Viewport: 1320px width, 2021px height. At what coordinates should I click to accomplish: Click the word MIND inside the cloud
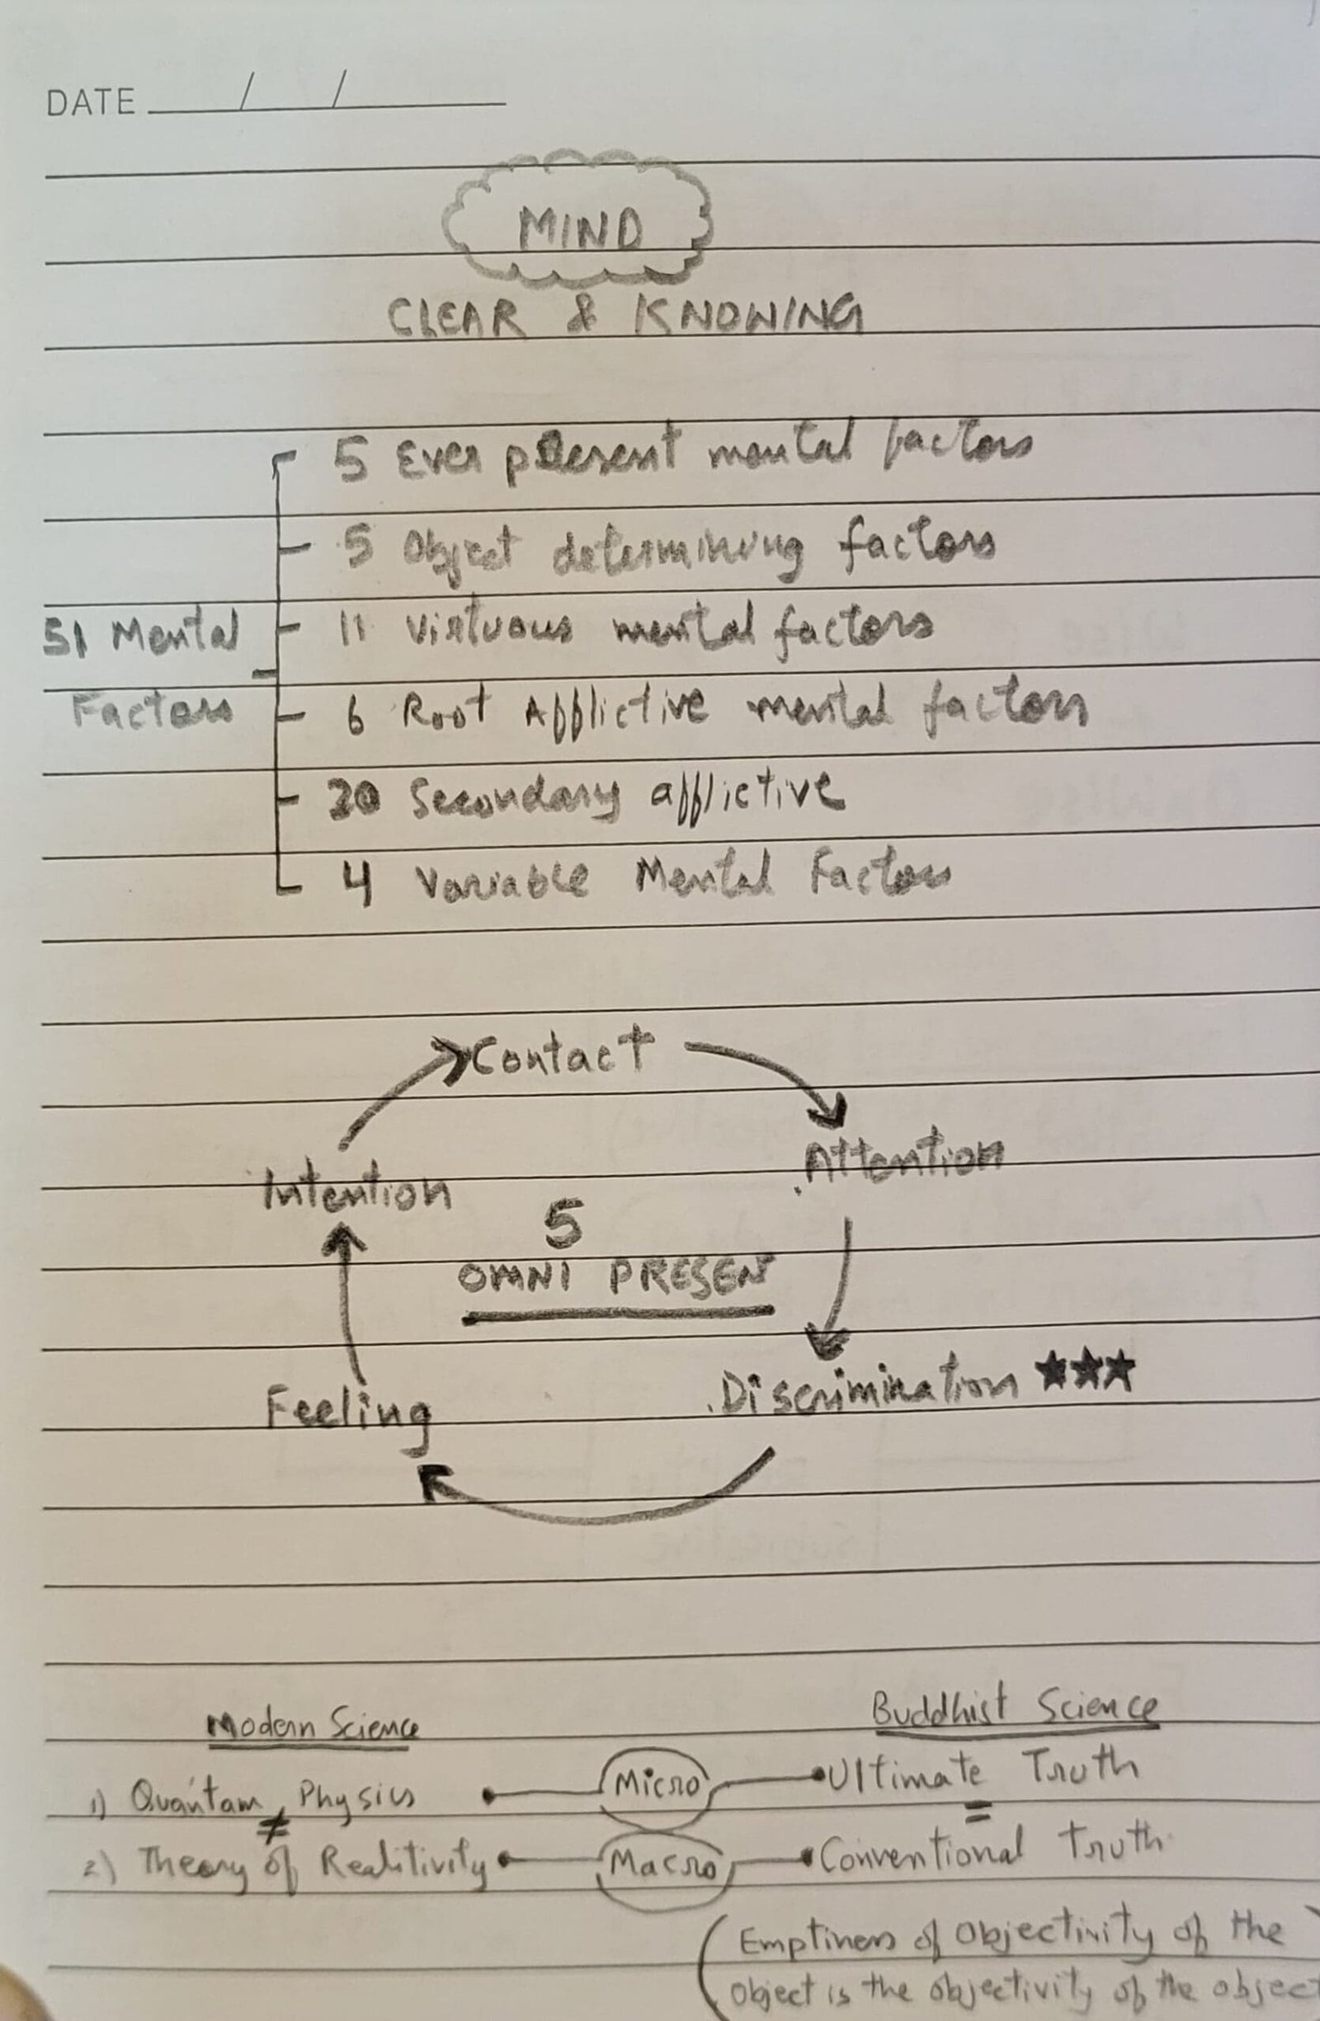pyautogui.click(x=579, y=228)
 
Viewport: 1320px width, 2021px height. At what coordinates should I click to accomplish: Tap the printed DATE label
pyautogui.click(x=91, y=103)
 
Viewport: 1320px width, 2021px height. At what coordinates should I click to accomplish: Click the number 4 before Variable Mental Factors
pyautogui.click(x=356, y=881)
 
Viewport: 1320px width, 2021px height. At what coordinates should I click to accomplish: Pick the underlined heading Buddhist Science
pyautogui.click(x=1015, y=1705)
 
